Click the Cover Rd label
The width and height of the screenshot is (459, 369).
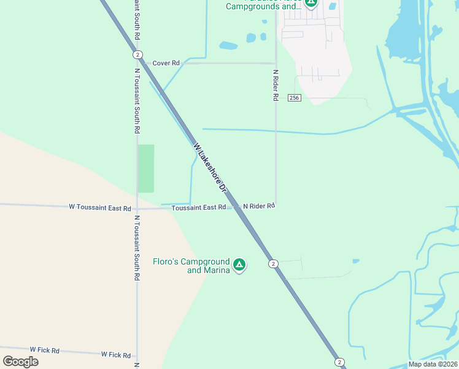click(x=166, y=63)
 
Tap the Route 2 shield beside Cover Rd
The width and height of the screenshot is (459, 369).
click(x=137, y=55)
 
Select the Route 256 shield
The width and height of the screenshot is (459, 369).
click(x=295, y=98)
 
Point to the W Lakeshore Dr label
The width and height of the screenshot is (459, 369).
click(x=210, y=169)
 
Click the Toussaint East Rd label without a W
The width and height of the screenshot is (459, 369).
click(x=199, y=208)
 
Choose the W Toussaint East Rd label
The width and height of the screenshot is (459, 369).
click(x=100, y=207)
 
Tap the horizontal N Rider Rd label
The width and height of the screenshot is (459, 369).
click(x=258, y=206)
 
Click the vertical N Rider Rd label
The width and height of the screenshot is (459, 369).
click(x=276, y=85)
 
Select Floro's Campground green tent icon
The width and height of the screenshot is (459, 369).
click(x=239, y=265)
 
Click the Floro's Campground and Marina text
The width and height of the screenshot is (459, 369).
click(x=191, y=266)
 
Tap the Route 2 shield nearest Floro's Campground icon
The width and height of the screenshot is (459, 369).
click(x=273, y=264)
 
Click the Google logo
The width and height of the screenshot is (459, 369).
click(x=20, y=362)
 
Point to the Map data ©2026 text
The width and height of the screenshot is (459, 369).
click(x=433, y=364)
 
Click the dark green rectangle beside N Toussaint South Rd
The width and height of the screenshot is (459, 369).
click(x=146, y=169)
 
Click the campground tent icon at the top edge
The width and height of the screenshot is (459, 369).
click(x=311, y=2)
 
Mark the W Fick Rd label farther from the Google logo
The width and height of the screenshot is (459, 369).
click(x=116, y=355)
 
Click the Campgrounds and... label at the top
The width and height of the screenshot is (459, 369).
click(x=264, y=7)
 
